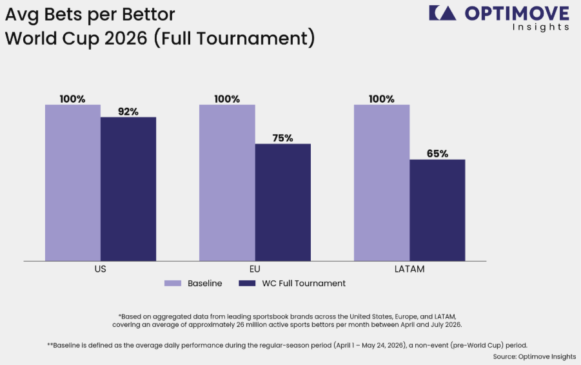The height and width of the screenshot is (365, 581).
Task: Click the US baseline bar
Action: click(73, 183)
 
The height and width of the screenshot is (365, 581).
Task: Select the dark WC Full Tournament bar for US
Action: click(128, 189)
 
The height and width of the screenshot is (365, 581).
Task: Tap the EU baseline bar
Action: click(227, 183)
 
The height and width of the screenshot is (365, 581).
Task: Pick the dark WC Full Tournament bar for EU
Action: click(282, 202)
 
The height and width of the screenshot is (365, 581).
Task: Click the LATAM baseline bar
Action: click(382, 183)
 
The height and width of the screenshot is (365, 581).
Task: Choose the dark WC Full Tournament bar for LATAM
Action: click(437, 210)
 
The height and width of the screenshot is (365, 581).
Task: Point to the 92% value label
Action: click(128, 111)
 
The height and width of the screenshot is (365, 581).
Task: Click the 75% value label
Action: click(282, 138)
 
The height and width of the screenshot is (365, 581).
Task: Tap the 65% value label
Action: click(437, 154)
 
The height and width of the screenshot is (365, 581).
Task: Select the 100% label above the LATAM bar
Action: click(382, 99)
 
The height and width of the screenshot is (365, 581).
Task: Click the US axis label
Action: click(101, 269)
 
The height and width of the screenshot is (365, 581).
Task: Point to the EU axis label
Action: click(255, 269)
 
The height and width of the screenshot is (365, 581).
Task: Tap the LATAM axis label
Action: click(409, 269)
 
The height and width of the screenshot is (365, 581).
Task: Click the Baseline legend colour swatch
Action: click(173, 284)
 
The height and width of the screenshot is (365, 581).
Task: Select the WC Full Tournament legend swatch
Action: click(247, 284)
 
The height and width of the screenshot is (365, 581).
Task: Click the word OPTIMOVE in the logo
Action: click(517, 14)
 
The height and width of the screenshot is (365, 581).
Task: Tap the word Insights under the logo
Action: click(541, 27)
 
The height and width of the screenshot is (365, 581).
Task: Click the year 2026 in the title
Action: click(126, 38)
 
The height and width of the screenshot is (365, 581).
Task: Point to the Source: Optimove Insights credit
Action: click(535, 357)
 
